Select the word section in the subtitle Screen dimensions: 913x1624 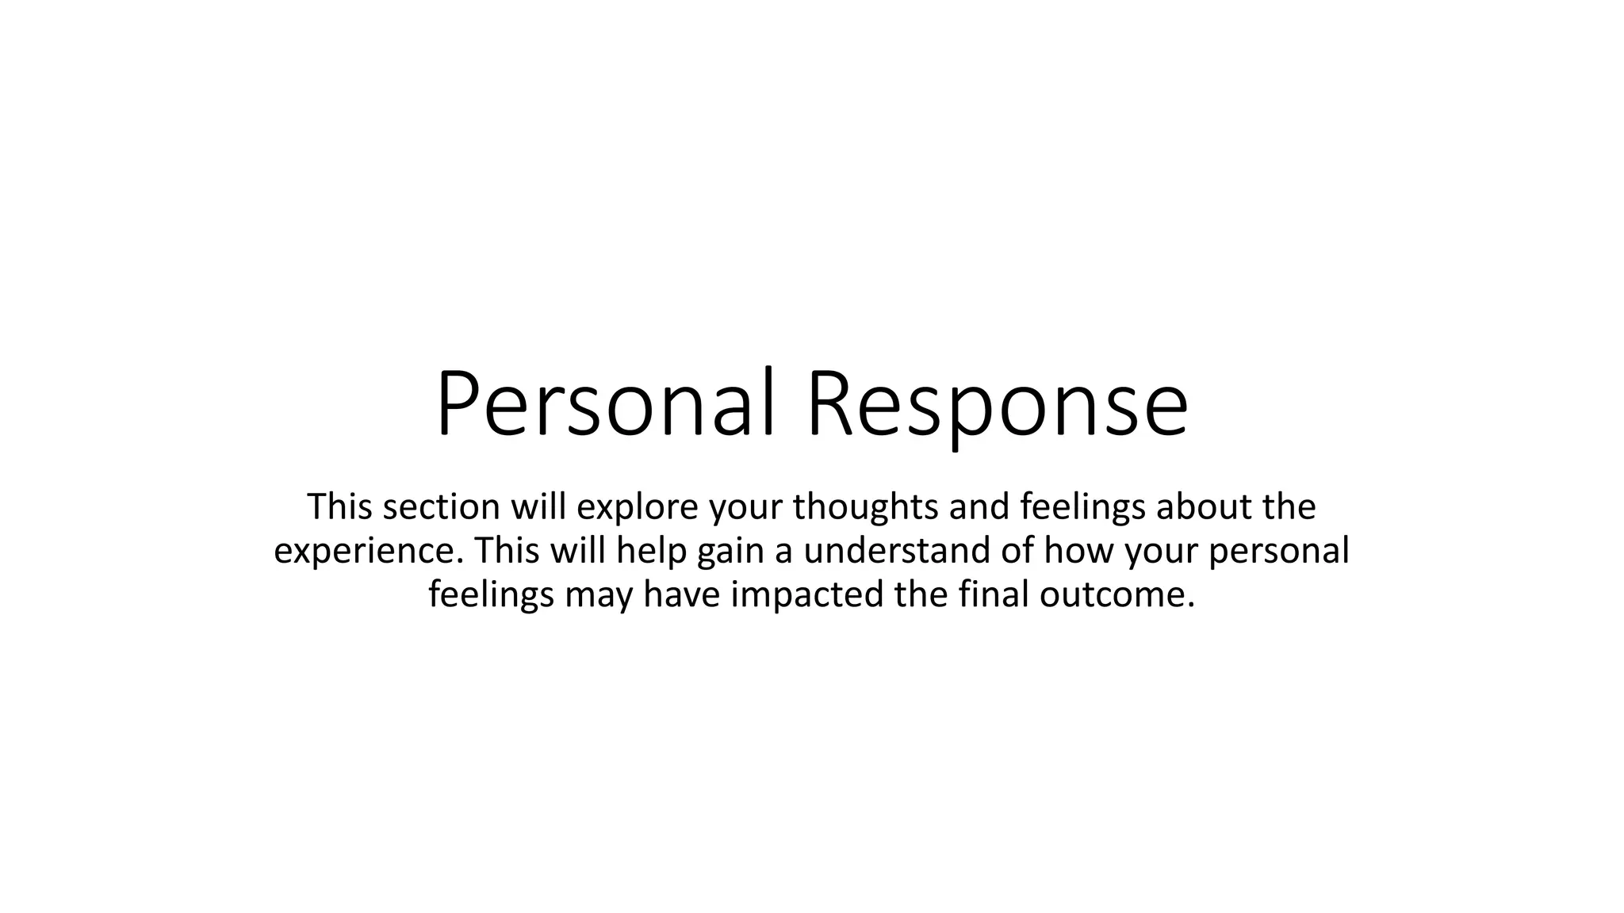tap(441, 506)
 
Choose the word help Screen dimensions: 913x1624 tap(651, 551)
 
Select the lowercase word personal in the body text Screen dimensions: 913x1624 tap(1279, 551)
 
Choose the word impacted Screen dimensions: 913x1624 tap(806, 595)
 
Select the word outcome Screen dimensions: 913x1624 tap(1116, 595)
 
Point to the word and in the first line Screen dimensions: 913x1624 tap(979, 506)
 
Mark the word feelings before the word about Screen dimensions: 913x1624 tap(1082, 506)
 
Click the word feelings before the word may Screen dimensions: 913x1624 tap(491, 595)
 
